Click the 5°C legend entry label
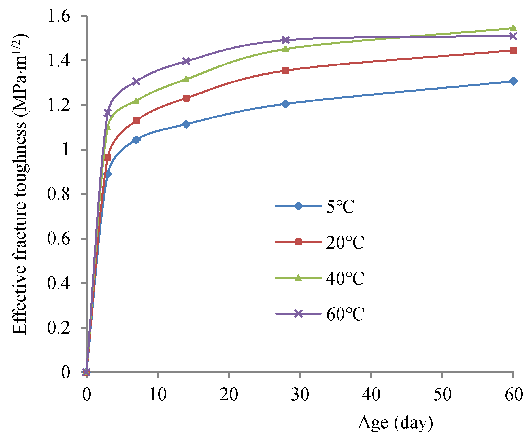point(340,207)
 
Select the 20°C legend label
point(345,242)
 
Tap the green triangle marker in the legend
point(298,278)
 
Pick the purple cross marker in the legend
point(298,314)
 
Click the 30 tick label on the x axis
point(300,394)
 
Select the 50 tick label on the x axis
point(442,394)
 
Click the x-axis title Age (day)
point(395,423)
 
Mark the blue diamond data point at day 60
point(513,81)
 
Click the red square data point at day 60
point(513,51)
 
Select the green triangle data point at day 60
point(513,28)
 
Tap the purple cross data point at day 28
point(286,40)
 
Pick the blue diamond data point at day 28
point(286,104)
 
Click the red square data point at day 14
point(186,98)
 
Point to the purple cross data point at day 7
point(136,81)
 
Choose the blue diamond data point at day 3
point(108,174)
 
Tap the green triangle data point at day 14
point(186,79)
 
